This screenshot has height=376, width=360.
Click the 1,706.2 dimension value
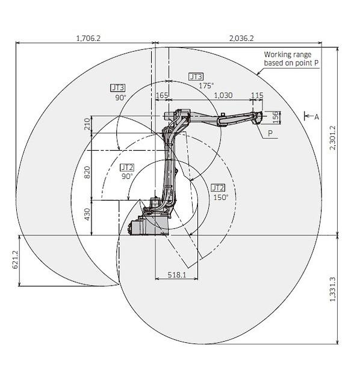pos(88,38)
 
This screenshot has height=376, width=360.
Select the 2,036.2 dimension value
pos(241,38)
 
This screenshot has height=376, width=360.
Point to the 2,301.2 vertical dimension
pos(333,137)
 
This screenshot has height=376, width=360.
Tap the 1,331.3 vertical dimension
pos(333,289)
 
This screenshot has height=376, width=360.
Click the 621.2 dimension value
pos(15,260)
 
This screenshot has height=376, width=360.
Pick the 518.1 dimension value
pos(177,275)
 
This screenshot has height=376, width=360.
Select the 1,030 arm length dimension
pos(223,95)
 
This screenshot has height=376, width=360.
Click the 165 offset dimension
pos(162,95)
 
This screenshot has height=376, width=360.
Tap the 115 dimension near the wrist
pos(257,95)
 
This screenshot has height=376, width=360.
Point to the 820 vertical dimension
pos(87,172)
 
